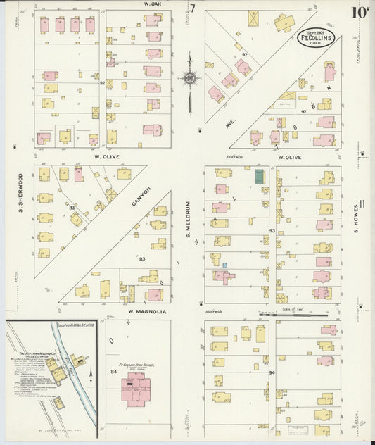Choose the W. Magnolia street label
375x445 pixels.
point(147,311)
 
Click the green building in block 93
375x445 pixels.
point(260,176)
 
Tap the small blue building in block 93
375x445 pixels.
point(224,265)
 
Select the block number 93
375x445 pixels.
point(272,230)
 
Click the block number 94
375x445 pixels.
point(272,371)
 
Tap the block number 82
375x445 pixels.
point(102,83)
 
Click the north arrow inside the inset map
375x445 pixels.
point(91,381)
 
